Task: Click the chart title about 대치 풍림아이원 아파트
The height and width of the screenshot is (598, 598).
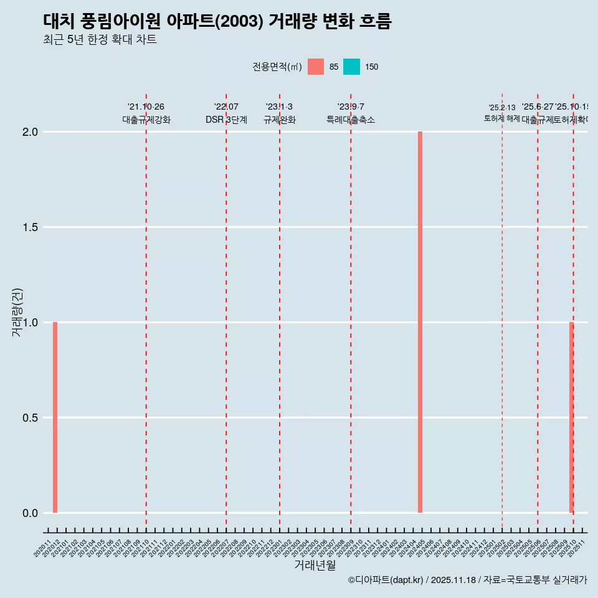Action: click(217, 22)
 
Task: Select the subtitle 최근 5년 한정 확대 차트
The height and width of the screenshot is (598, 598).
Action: click(100, 40)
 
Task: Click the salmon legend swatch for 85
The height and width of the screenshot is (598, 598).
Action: click(316, 67)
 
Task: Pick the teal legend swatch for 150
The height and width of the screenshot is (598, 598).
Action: click(351, 67)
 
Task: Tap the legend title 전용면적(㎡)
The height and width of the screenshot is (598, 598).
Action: click(277, 67)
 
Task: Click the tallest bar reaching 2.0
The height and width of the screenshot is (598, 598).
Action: click(420, 322)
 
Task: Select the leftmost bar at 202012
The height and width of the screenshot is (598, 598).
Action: click(55, 417)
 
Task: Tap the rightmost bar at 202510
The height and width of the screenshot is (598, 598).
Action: click(571, 417)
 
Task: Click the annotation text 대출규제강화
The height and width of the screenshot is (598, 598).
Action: click(146, 120)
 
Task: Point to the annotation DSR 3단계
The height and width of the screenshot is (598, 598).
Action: click(226, 120)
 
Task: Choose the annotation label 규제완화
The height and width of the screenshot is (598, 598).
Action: click(279, 120)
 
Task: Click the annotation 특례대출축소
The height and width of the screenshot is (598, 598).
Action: click(351, 120)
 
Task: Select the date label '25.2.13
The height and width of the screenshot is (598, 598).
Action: click(502, 108)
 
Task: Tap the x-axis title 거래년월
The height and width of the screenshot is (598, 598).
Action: click(315, 566)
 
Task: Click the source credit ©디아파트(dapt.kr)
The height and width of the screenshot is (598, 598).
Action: click(386, 581)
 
